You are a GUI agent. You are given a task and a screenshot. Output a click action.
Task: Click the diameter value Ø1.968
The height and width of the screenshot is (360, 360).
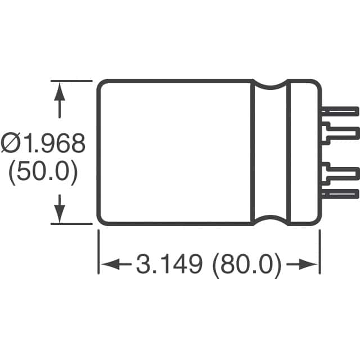pos(43,143)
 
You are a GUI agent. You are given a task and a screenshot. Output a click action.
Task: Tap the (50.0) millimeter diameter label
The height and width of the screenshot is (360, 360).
pos(43,172)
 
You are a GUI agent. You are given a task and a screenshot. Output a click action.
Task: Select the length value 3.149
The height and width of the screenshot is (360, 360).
pos(169,264)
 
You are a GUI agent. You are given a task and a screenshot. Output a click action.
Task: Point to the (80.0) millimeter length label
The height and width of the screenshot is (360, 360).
pos(247,265)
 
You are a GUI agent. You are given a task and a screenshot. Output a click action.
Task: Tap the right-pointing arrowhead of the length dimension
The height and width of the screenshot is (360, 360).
pos(308,264)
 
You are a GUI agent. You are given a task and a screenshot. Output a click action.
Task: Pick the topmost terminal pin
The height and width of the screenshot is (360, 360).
pos(340,112)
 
